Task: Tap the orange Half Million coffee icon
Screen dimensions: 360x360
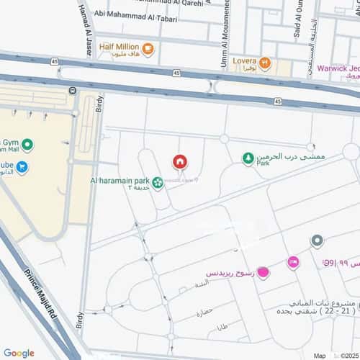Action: coord(148,49)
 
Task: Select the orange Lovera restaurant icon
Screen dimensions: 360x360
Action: coord(265,63)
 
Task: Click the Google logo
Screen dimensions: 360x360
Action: coord(19,353)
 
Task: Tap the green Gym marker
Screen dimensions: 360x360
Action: coord(27,145)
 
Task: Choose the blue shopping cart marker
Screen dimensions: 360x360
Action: coord(23,168)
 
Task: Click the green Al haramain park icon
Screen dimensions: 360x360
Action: coord(158,184)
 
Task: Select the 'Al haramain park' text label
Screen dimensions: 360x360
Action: coord(120,180)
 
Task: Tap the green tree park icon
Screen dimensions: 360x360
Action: coord(248,158)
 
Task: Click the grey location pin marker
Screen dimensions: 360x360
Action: coord(316,240)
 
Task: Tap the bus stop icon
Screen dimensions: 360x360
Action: coord(72,90)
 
